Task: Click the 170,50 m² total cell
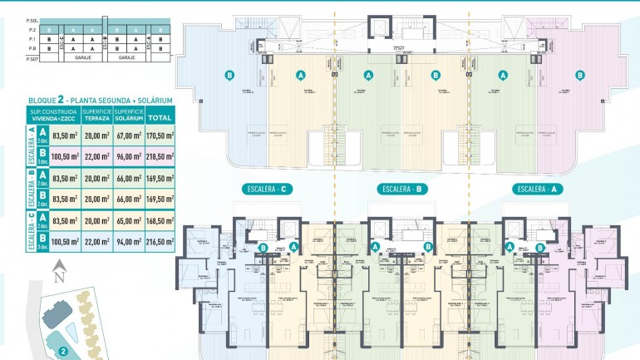click(159, 135)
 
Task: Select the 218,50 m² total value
click(159, 155)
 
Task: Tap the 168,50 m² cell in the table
click(159, 221)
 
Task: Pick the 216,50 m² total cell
click(159, 242)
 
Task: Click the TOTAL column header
click(159, 116)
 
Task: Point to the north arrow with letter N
click(57, 271)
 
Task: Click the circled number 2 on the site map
click(62, 351)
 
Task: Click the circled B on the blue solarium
click(229, 75)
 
